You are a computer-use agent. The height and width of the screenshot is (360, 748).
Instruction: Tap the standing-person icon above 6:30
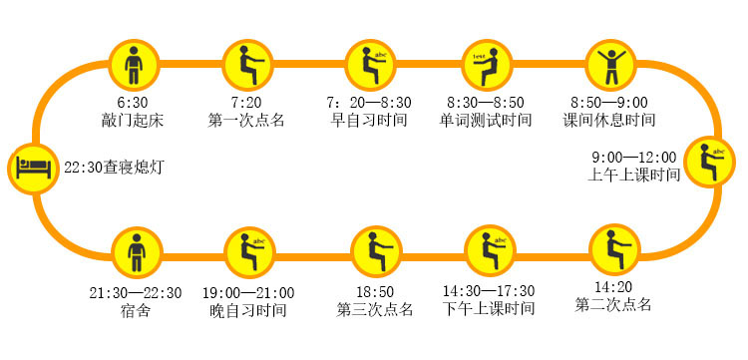tap(135, 64)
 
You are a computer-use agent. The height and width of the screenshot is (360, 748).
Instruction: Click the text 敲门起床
tap(132, 121)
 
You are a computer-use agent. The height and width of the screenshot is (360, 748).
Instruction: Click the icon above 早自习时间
tap(370, 64)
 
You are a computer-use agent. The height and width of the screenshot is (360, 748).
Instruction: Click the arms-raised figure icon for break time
tap(609, 64)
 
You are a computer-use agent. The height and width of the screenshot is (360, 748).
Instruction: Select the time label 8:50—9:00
tap(608, 103)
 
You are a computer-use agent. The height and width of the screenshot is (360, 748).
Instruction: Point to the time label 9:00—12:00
tap(633, 157)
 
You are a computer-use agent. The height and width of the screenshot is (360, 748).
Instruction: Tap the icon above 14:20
tap(613, 251)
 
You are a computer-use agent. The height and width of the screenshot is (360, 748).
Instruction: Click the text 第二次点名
tap(613, 303)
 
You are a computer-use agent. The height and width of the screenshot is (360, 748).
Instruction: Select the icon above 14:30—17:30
tap(489, 251)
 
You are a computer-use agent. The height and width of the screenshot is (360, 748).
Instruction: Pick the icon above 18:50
tap(375, 251)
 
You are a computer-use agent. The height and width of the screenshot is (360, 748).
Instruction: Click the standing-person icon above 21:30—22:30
tap(135, 251)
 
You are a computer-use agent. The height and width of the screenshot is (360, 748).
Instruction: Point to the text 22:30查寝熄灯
tap(113, 168)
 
